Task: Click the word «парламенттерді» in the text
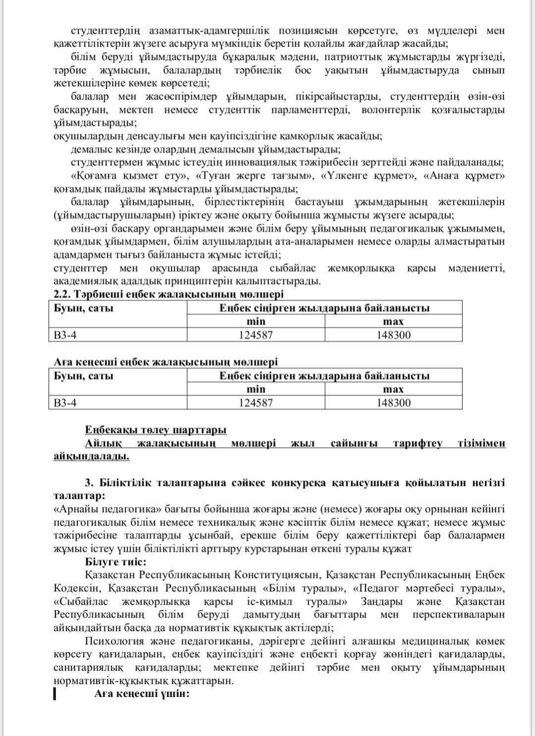pos(310,109)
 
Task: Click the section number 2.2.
pos(62,294)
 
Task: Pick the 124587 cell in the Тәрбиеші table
pos(256,335)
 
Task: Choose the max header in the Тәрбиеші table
pos(393,321)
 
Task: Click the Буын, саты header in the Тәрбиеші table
pos(84,308)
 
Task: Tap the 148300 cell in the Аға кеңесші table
pos(393,403)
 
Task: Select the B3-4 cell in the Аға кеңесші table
pos(65,403)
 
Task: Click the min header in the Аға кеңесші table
pos(256,389)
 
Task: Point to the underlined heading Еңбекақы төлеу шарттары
pos(156,429)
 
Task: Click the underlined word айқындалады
pos(91,456)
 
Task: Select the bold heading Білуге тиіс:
pos(115,562)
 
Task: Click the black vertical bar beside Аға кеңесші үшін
pos(54,693)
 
